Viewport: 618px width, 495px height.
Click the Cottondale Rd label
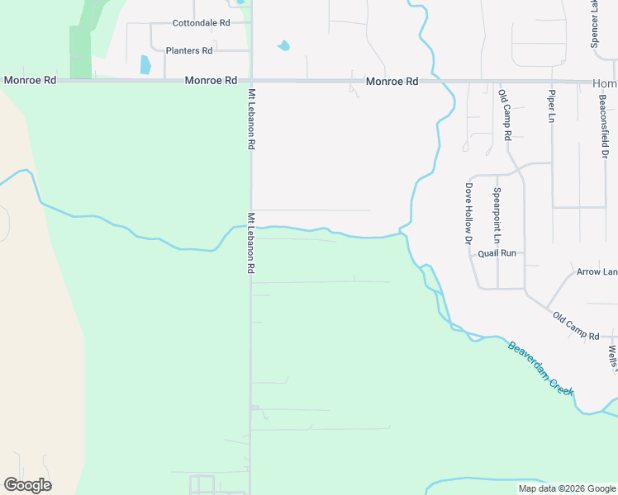(201, 23)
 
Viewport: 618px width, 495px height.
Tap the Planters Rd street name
(189, 51)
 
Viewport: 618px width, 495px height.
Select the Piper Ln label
(551, 106)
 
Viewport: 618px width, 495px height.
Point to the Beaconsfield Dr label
(604, 125)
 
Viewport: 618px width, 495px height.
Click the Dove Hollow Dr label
(468, 214)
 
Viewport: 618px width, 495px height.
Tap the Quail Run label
(497, 253)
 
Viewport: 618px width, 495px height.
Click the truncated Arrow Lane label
(597, 271)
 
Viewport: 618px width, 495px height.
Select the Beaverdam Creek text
(540, 369)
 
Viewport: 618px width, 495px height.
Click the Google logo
(27, 485)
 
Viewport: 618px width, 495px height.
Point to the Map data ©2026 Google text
(567, 488)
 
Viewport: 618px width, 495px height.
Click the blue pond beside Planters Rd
(146, 64)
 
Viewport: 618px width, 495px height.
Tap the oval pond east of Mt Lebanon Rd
(283, 46)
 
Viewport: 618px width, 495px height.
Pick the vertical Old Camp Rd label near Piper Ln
(505, 115)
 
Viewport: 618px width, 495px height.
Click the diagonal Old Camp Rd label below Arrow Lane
(576, 325)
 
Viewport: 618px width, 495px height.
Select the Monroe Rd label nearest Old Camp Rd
(392, 82)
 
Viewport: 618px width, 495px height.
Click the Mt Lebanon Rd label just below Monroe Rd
(250, 119)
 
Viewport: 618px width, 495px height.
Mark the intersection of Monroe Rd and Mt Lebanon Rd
(251, 81)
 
